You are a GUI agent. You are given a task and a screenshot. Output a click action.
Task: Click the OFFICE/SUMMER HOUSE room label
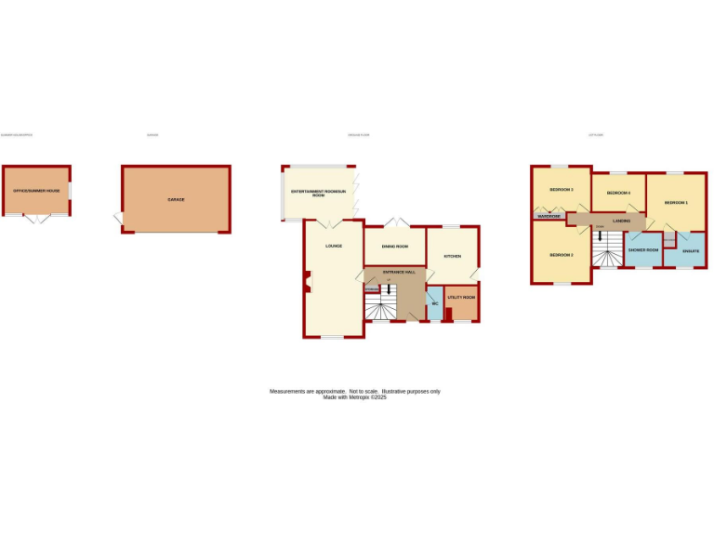[36, 191]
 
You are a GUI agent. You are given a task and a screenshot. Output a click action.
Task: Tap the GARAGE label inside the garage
[176, 199]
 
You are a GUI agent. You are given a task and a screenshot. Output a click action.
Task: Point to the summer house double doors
[36, 219]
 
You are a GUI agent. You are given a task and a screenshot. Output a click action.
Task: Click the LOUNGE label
[333, 246]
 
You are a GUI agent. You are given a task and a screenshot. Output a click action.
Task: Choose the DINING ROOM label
[395, 246]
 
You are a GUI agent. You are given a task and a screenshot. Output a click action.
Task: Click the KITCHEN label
[452, 256]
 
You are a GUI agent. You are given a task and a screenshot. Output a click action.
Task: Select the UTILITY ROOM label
[461, 298]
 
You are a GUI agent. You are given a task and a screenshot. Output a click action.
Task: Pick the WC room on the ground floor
[433, 303]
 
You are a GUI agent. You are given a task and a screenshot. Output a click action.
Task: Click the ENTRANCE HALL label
[394, 272]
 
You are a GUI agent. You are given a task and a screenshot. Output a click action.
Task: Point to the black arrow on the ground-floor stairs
[389, 289]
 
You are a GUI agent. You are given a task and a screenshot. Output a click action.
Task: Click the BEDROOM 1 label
[676, 202]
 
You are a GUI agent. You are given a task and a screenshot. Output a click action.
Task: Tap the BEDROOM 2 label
[561, 254]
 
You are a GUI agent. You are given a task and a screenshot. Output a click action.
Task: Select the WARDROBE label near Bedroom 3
[549, 216]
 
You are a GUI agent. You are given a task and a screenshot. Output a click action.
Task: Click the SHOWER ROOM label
[643, 250]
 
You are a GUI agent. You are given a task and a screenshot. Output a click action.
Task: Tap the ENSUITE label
[691, 251]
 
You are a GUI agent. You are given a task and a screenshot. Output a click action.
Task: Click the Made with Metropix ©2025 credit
[354, 397]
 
